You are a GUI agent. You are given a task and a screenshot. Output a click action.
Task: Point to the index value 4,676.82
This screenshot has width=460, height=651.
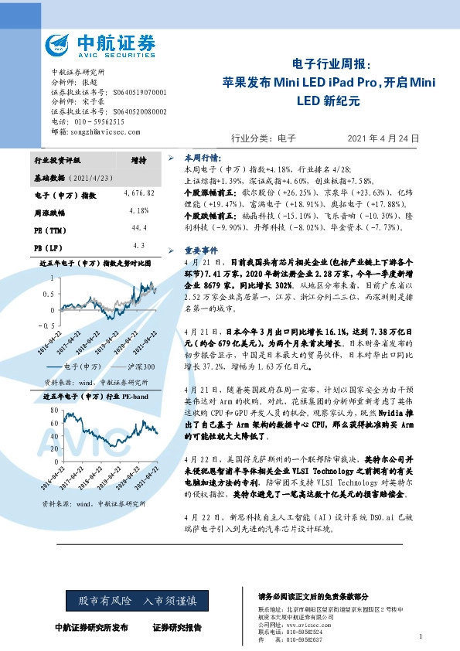[138, 192]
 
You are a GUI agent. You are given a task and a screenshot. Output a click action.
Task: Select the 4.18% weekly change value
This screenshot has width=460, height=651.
[138, 210]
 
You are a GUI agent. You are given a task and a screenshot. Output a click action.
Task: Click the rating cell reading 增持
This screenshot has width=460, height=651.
[138, 160]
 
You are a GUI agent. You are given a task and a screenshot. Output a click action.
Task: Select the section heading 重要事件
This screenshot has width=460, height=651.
[200, 251]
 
